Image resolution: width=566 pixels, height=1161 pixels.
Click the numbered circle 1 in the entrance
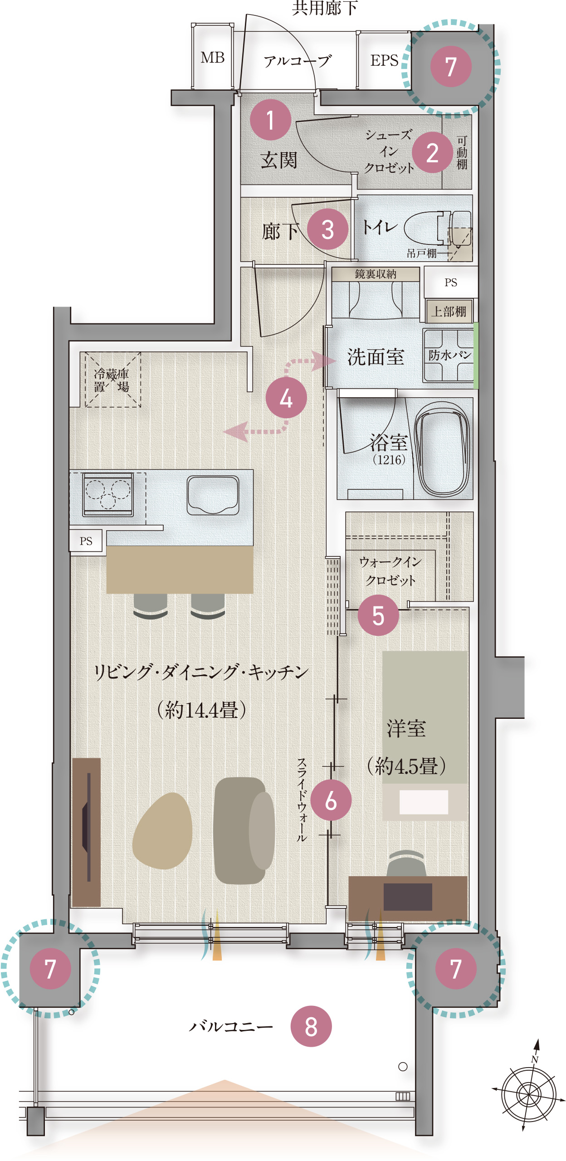[x=270, y=120]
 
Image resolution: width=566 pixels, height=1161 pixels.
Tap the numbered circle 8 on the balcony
[x=311, y=1026]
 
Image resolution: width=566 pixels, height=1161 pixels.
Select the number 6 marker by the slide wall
[x=331, y=800]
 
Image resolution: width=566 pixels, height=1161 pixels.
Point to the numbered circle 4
[x=286, y=398]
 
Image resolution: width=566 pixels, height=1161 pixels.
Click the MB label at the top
[x=213, y=58]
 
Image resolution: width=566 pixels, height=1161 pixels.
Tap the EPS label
[x=384, y=60]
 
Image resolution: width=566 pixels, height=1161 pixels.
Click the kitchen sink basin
[x=213, y=495]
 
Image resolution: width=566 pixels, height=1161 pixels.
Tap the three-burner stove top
[x=108, y=494]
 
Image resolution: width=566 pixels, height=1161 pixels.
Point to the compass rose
[x=529, y=1094]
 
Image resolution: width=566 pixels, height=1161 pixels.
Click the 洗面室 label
[x=376, y=357]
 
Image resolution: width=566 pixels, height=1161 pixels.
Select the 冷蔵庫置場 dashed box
[x=112, y=380]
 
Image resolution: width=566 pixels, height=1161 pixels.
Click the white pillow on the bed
[x=424, y=802]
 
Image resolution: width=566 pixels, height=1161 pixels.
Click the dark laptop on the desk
[x=408, y=896]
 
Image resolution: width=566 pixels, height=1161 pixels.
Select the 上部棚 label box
[x=449, y=312]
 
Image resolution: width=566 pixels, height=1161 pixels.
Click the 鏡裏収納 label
[x=376, y=274]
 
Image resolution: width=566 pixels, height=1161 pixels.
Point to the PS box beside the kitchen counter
[x=86, y=541]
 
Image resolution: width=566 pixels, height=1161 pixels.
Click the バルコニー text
[x=231, y=1026]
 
